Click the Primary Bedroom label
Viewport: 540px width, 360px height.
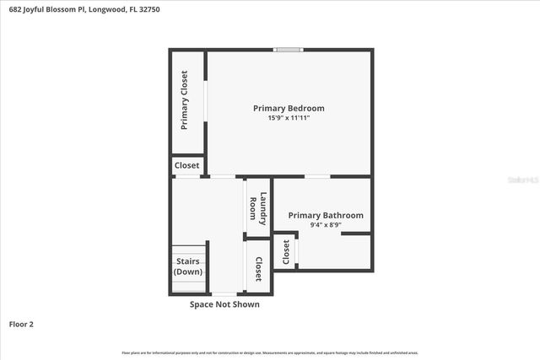(289, 108)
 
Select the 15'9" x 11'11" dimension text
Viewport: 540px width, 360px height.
(289, 118)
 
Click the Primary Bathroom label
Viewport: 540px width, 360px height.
(326, 216)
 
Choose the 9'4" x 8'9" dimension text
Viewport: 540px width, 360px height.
(326, 225)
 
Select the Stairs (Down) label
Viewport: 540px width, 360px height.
(187, 266)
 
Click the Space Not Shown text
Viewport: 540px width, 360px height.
(224, 304)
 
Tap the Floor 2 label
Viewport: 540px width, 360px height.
(21, 323)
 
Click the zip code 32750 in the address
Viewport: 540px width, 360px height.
(149, 9)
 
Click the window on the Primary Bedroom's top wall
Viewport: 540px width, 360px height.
(289, 50)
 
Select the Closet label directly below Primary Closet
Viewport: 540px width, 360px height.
(186, 166)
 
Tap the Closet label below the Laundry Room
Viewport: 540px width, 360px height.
(258, 268)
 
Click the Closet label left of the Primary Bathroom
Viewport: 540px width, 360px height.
(286, 252)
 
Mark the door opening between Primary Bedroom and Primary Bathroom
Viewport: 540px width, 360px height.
(317, 176)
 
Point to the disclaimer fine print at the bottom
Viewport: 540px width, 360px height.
(270, 352)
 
